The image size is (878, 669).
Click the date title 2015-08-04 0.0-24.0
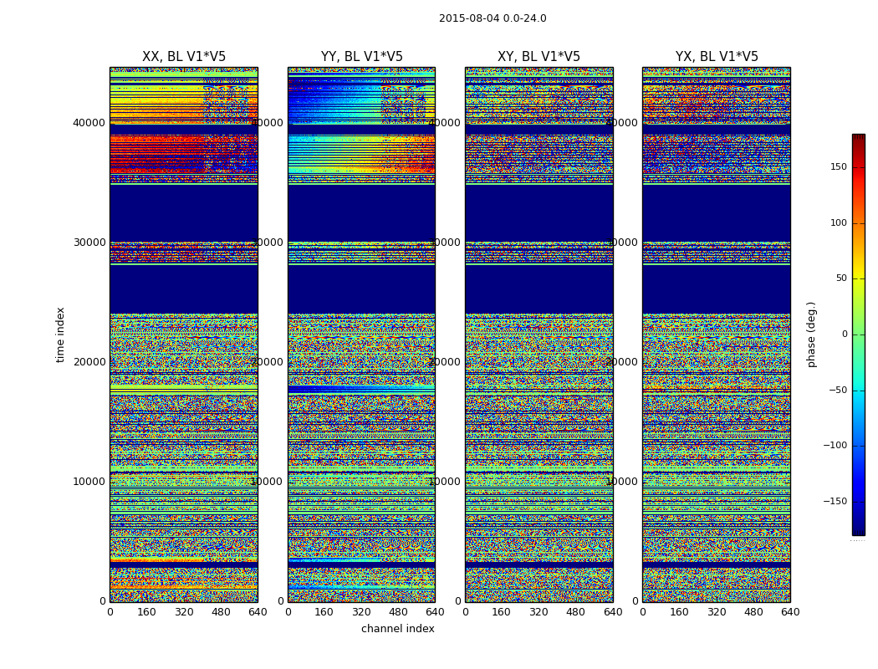[493, 18]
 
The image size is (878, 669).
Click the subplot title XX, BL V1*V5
[184, 57]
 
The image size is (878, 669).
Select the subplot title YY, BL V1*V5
[361, 57]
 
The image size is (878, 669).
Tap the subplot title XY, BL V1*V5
[539, 57]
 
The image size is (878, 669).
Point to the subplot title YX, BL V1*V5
[717, 57]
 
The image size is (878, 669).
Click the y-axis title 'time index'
[60, 334]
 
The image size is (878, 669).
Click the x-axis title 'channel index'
[397, 629]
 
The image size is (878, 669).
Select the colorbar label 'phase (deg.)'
[811, 334]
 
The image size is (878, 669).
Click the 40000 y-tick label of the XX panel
[89, 123]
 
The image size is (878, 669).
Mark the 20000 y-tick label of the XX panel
[89, 362]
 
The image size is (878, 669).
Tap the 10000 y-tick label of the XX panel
[89, 482]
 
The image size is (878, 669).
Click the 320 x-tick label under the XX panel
[184, 612]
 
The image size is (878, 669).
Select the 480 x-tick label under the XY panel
[576, 612]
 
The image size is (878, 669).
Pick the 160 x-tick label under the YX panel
[680, 612]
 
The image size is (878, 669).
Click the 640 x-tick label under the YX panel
[790, 612]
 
